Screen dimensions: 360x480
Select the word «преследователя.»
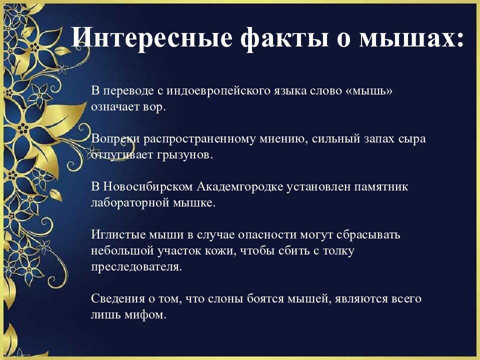click(x=136, y=267)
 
